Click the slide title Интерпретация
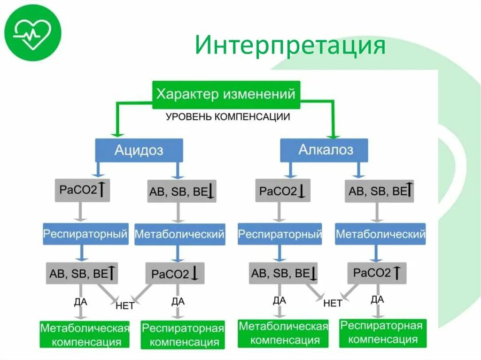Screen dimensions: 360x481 pos(290,47)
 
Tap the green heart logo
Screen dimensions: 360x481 pos(32,33)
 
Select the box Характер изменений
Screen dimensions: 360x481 pos(226,94)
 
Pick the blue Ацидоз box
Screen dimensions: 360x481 pos(139,150)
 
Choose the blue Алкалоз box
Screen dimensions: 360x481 pos(324,150)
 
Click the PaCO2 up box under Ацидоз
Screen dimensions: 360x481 pos(82,190)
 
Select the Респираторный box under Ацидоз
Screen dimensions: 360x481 pos(85,233)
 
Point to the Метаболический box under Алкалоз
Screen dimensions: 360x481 pos(380,234)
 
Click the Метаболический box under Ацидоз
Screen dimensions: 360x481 pos(179,234)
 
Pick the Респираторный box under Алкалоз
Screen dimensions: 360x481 pos(280,234)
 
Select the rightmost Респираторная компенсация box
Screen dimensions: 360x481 pos(381,332)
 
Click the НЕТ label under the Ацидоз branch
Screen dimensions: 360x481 pos(124,306)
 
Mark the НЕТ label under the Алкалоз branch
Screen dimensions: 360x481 pos(333,303)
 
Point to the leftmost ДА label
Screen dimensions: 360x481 pos(81,302)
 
